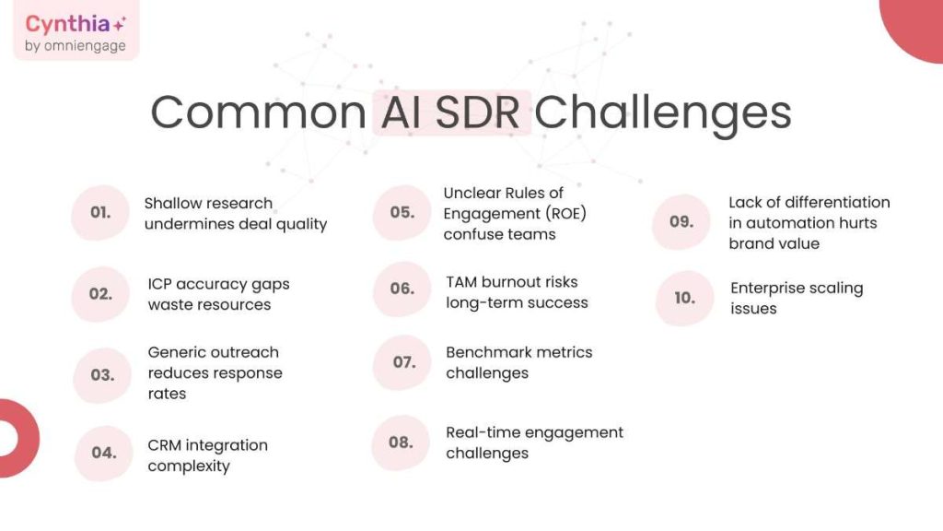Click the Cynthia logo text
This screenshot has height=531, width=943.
click(x=70, y=24)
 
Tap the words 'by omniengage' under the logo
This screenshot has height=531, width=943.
click(x=76, y=46)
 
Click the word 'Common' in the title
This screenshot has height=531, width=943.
click(x=258, y=112)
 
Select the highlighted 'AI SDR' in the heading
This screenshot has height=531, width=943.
click(x=452, y=112)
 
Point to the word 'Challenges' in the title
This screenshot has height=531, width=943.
click(x=663, y=112)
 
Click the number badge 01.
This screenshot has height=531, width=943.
click(x=100, y=212)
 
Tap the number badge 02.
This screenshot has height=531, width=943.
click(x=100, y=294)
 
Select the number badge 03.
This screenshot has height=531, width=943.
click(x=102, y=375)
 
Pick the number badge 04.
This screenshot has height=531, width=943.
click(x=103, y=453)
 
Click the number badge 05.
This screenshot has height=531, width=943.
click(x=402, y=212)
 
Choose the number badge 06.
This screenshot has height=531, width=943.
click(x=402, y=289)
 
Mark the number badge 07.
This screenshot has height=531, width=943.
click(x=403, y=362)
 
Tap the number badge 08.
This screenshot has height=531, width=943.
click(x=401, y=442)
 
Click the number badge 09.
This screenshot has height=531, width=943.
click(x=681, y=222)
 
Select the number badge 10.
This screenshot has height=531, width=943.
click(x=684, y=298)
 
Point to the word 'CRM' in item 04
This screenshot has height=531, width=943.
click(x=167, y=445)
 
